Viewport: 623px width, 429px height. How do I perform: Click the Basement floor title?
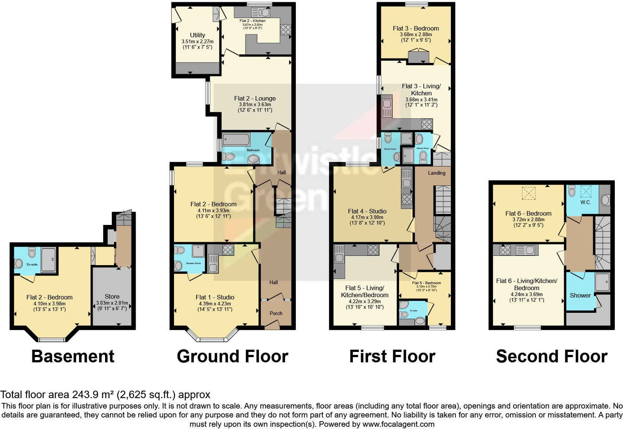coord(73,356)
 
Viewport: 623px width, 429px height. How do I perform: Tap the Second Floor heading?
coord(551,356)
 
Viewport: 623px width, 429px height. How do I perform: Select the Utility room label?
coord(197,35)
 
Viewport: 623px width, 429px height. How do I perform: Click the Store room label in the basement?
coord(112,296)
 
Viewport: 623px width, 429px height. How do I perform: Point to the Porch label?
coord(276,313)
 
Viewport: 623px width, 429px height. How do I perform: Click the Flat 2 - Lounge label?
coord(255,98)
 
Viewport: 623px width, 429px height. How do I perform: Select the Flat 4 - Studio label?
coord(367,211)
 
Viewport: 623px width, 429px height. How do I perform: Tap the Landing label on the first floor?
coord(436,173)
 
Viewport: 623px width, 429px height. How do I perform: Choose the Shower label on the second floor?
coord(580,295)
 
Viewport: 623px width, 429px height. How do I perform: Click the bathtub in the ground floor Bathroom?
coord(237,140)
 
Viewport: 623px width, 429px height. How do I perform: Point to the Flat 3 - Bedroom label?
coord(415,28)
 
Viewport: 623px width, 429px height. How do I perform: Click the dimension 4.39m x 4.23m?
coord(215,304)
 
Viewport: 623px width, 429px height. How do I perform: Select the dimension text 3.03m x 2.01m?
coord(112,303)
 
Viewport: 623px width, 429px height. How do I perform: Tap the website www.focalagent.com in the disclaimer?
coord(398,424)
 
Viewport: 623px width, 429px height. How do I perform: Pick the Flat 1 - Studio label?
coord(215,297)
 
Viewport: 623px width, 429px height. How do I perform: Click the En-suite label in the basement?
coord(32,264)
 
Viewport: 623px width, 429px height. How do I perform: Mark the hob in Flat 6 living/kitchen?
coord(505,250)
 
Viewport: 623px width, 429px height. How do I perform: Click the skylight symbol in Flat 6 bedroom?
coord(528,193)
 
